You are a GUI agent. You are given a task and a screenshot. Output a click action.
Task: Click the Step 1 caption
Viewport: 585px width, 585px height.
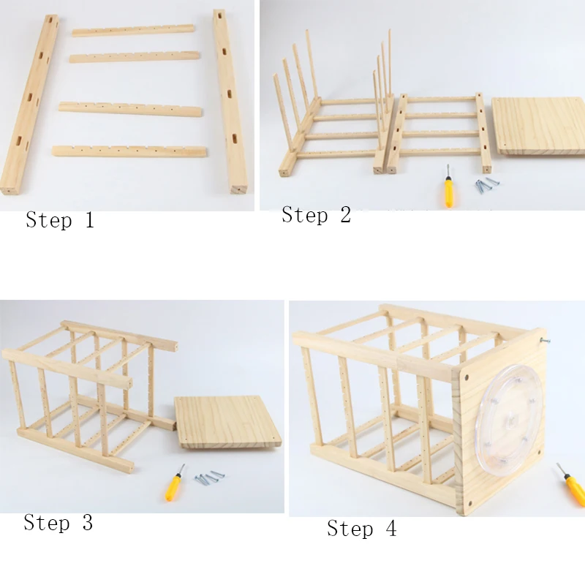click(x=60, y=220)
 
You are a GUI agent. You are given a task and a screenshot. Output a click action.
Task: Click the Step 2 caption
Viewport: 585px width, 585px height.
click(x=316, y=215)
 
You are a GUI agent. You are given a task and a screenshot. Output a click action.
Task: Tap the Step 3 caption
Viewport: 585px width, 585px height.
click(x=58, y=523)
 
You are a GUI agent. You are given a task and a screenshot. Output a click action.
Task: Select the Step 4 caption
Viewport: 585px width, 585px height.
click(x=361, y=529)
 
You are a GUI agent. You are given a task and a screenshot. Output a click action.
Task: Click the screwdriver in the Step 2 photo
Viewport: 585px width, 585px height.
click(x=448, y=190)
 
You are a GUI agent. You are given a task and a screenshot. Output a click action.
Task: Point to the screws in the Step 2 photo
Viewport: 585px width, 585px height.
click(x=483, y=184)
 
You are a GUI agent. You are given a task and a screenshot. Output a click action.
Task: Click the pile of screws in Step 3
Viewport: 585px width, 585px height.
click(x=208, y=478)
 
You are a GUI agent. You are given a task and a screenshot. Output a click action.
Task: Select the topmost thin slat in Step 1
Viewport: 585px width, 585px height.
click(x=133, y=31)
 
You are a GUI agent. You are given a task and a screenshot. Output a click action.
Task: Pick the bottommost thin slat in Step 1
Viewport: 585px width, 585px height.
click(x=129, y=151)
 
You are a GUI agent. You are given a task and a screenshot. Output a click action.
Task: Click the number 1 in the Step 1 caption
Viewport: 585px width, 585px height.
click(x=88, y=220)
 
